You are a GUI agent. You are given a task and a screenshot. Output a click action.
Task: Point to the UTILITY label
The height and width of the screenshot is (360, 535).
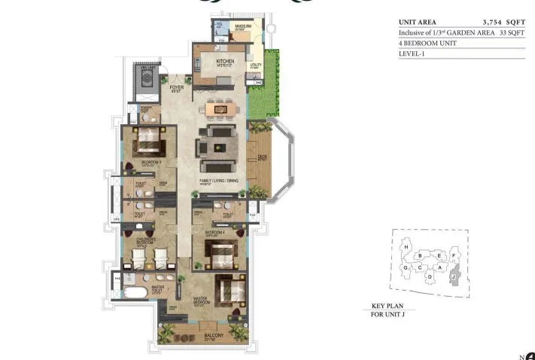coord(256,66)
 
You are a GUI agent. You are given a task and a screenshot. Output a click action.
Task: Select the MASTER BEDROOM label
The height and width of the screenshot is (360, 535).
coord(200,299)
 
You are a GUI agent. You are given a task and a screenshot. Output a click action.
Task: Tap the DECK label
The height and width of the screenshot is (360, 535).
coord(262,159)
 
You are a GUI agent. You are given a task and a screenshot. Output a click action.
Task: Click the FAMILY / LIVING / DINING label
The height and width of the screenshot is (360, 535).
coord(220,182)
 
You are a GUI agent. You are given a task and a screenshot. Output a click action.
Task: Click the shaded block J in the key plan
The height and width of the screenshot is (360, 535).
coord(454,278)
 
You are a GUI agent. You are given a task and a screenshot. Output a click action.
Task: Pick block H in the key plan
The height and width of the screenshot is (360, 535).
coord(406,247)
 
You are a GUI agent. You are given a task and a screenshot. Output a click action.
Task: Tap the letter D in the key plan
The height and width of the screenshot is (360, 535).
coord(429,276)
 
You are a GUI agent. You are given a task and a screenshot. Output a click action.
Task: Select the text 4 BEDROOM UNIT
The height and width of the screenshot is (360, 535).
coord(427,43)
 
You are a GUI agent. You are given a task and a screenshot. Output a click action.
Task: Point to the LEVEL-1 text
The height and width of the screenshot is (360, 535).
coord(412,53)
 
